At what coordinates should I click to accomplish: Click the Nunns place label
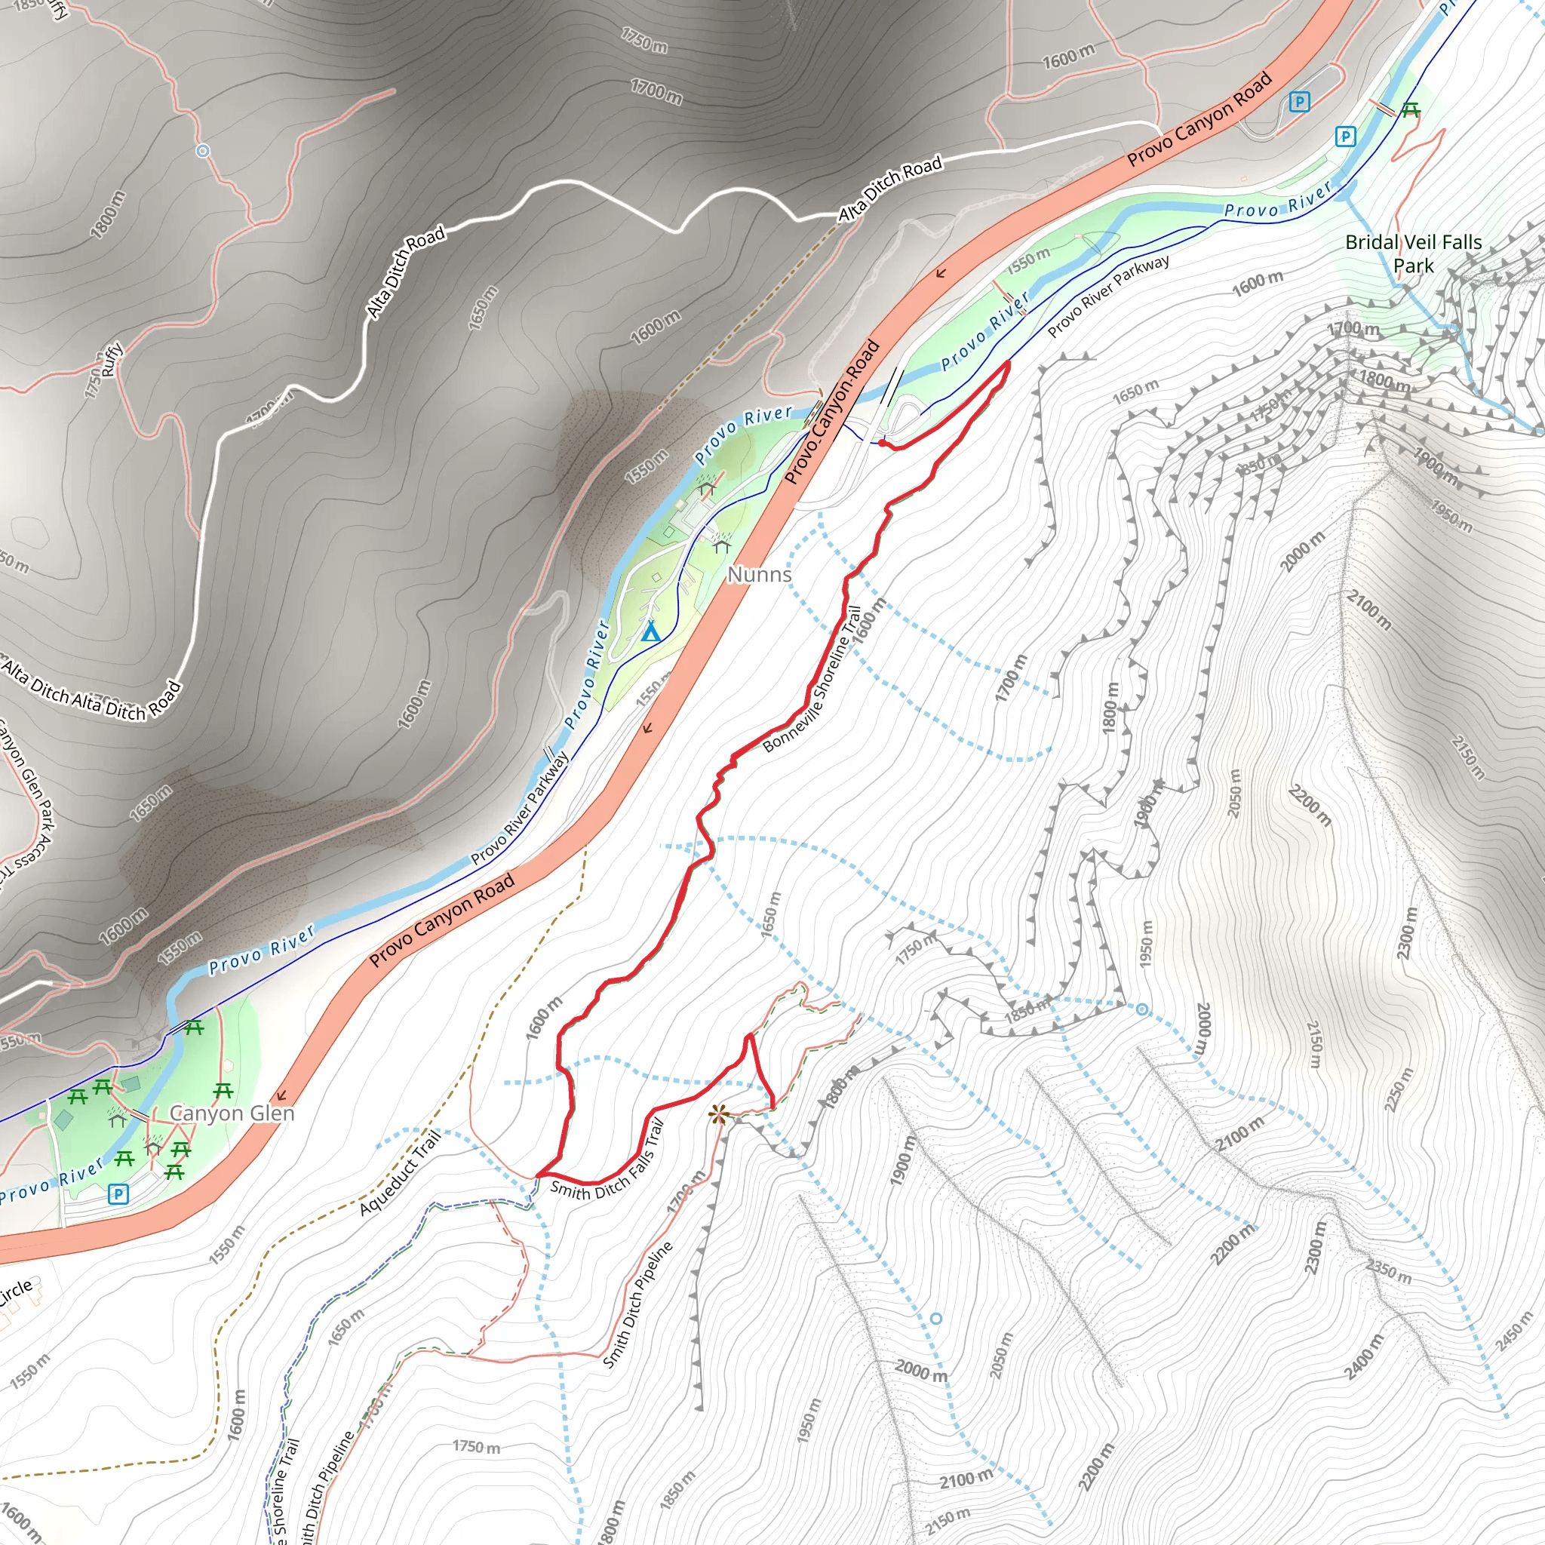click(x=759, y=574)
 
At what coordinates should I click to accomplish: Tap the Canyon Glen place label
click(x=232, y=1113)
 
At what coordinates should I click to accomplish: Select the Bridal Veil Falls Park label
click(x=1413, y=253)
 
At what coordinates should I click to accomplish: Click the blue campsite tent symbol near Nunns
click(x=651, y=632)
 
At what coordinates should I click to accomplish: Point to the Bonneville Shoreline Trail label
click(x=812, y=680)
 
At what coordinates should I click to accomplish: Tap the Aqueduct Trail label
click(x=400, y=1174)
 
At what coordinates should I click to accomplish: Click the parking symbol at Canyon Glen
click(x=118, y=1195)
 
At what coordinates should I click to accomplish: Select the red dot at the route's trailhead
click(x=882, y=442)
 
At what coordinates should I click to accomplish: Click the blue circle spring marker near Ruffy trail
click(x=203, y=150)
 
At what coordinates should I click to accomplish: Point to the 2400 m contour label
click(x=1364, y=1357)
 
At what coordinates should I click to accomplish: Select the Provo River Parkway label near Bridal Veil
click(x=1108, y=296)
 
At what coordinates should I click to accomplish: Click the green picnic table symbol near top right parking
click(x=1411, y=110)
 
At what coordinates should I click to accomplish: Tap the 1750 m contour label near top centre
click(x=644, y=40)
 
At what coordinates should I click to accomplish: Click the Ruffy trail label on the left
click(x=111, y=359)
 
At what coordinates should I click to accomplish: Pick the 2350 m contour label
click(x=1388, y=1271)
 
